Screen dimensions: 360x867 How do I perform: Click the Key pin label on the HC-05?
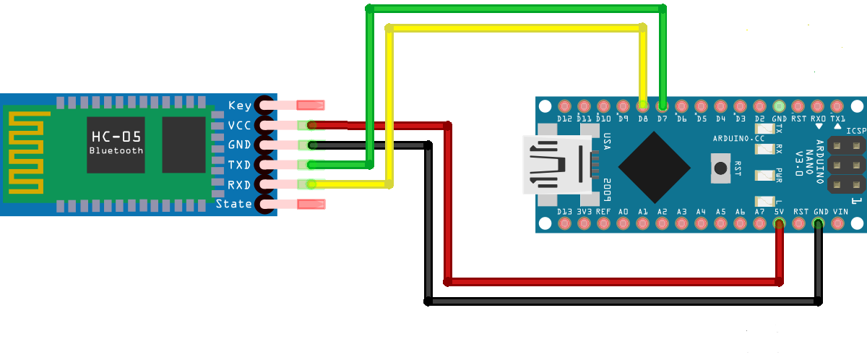(240, 106)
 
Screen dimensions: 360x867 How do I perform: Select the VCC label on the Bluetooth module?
(240, 125)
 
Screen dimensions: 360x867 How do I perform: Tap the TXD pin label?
(240, 165)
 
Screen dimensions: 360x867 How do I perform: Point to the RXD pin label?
(240, 185)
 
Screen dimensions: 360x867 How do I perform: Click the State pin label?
(234, 205)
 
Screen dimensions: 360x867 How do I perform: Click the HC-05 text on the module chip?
(116, 137)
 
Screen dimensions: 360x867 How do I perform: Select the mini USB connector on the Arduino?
(560, 165)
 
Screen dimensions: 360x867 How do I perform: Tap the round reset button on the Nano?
(720, 168)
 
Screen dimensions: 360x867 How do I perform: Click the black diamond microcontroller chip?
(654, 168)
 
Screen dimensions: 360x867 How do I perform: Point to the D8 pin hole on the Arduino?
(642, 106)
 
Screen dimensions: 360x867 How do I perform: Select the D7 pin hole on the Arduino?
(662, 106)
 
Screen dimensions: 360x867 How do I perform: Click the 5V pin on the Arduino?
(779, 223)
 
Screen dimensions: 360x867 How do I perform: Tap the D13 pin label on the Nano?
(564, 212)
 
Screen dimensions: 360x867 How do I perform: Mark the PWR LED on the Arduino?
(763, 175)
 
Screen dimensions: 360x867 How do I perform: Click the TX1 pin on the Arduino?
(837, 106)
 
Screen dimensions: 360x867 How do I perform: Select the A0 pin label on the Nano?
(623, 212)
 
